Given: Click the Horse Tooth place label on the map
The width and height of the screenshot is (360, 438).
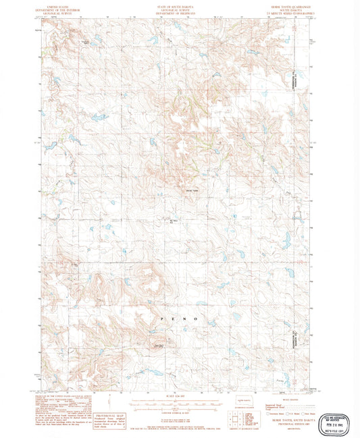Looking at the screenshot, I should pyautogui.click(x=192, y=192).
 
